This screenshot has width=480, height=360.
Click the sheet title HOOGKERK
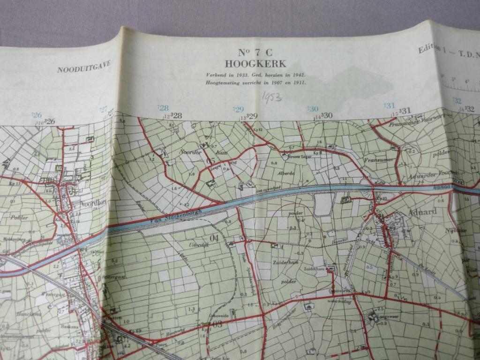coord(255,64)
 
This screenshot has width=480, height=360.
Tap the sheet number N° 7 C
coord(255,53)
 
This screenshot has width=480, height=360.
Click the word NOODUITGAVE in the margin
coord(84,67)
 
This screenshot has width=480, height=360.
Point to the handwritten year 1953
coord(272,97)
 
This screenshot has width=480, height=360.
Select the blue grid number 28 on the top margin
coord(163,108)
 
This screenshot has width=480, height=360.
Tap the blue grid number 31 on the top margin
coord(390,105)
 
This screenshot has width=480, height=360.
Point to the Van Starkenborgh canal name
coord(174,215)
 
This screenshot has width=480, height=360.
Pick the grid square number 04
coord(214,238)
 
